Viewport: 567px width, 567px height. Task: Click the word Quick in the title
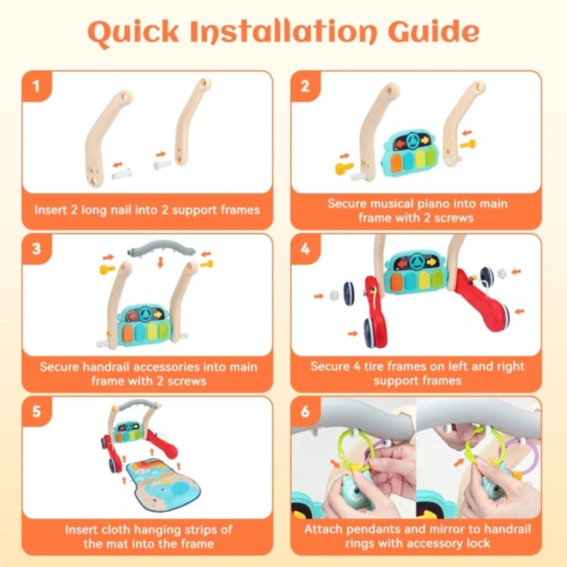[134, 33]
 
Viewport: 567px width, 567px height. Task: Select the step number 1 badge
[36, 86]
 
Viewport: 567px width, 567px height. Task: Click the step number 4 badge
[305, 249]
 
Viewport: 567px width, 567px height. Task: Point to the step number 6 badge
[305, 411]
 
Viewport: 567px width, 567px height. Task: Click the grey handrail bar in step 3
[161, 249]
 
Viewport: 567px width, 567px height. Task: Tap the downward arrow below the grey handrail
[160, 262]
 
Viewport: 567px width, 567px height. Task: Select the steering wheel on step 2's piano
[411, 140]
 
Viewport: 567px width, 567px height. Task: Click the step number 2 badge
[305, 86]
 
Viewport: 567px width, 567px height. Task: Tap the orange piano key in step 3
[128, 333]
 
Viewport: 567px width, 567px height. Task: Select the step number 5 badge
[36, 411]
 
